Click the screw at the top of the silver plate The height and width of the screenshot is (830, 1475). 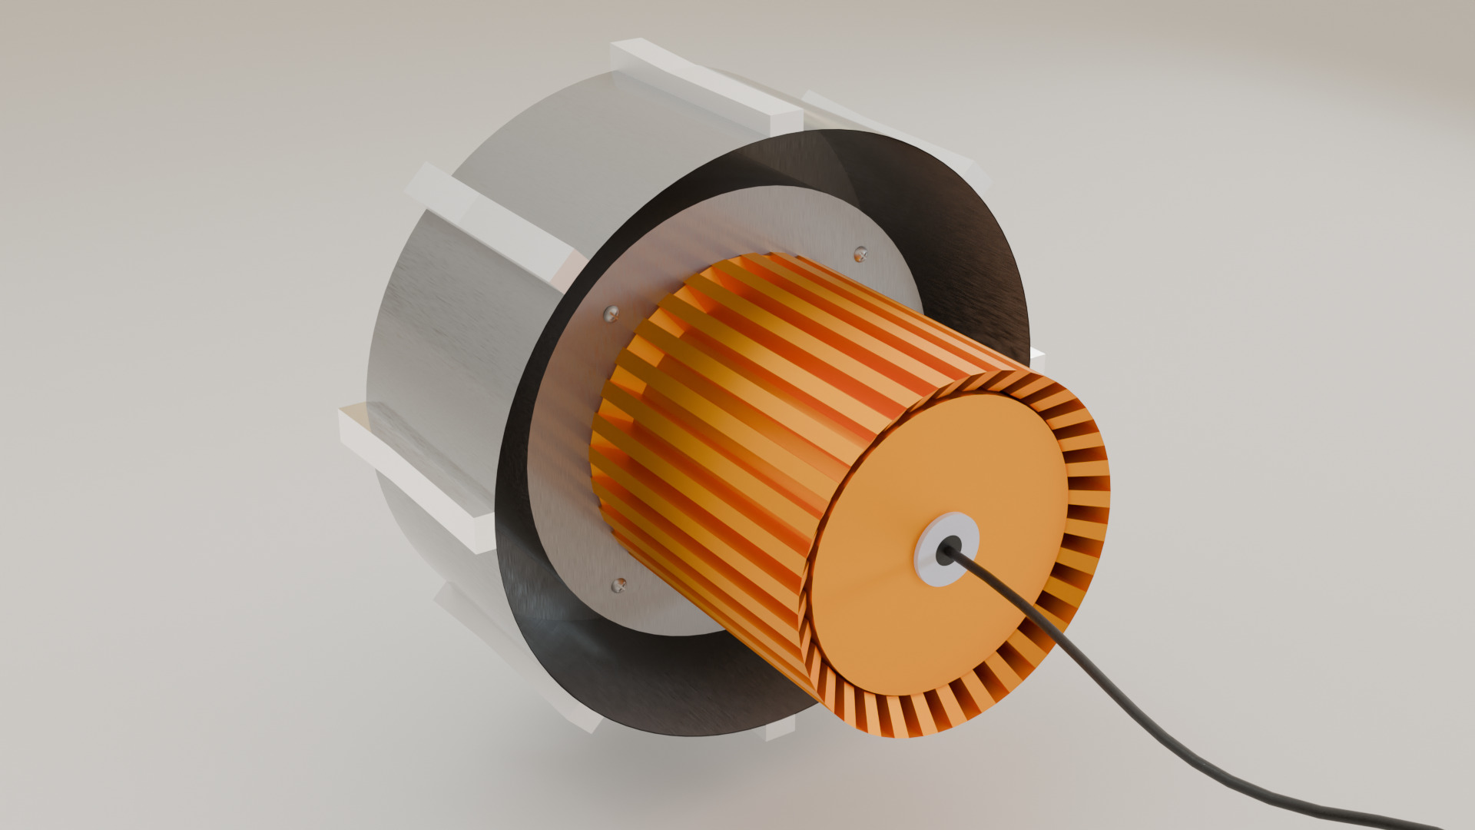tap(861, 253)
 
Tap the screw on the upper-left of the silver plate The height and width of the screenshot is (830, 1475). tap(612, 312)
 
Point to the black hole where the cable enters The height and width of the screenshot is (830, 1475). tap(947, 550)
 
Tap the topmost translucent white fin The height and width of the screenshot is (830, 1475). tap(707, 85)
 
